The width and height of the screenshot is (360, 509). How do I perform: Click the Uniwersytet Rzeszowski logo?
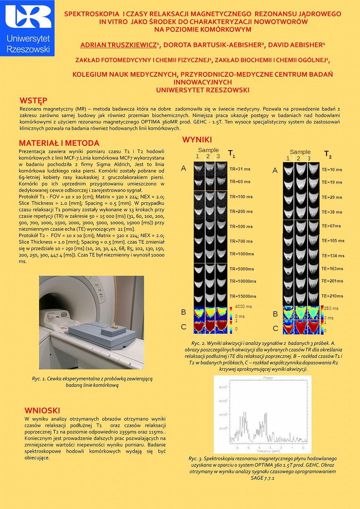28,28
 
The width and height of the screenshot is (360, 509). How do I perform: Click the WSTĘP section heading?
33,101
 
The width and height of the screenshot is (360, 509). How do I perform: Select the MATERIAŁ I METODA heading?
59,143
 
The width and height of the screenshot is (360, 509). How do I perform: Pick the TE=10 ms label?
332,170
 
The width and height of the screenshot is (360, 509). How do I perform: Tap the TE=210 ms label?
332,296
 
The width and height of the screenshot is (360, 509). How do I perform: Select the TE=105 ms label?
333,241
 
